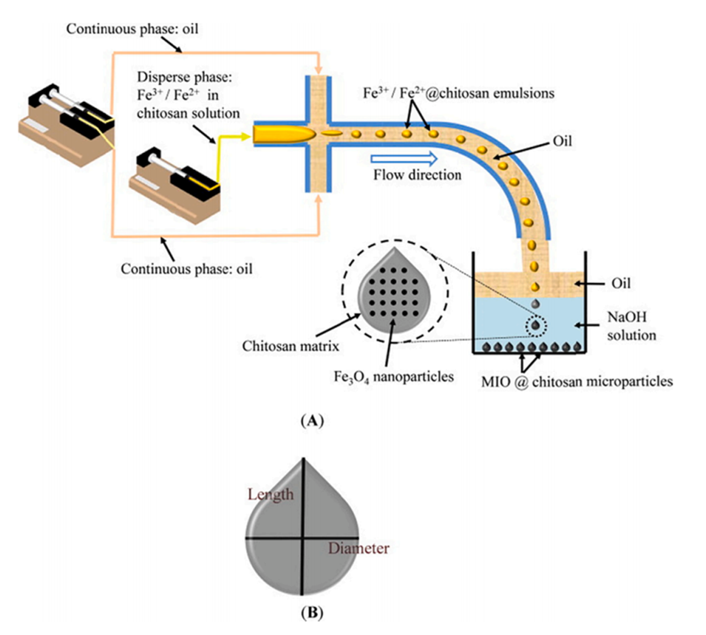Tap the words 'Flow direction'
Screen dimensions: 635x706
(x=418, y=175)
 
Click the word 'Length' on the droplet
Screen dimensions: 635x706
(x=271, y=495)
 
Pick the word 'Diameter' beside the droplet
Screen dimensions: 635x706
(x=359, y=549)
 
